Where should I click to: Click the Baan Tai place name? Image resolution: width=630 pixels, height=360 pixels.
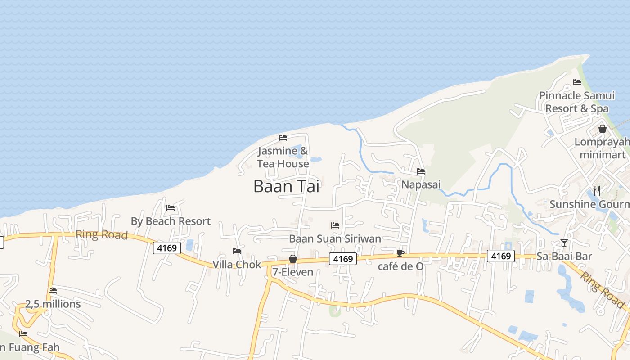(x=286, y=186)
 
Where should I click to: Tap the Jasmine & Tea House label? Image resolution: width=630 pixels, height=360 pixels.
(x=283, y=157)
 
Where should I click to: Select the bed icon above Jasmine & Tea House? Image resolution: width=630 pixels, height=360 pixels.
(x=283, y=137)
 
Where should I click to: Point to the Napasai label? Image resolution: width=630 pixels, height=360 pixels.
(x=421, y=184)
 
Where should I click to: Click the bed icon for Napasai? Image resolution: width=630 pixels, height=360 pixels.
(x=421, y=171)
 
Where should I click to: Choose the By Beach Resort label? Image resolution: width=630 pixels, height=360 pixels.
(x=171, y=221)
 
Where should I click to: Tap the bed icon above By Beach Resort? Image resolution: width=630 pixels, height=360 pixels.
(x=171, y=207)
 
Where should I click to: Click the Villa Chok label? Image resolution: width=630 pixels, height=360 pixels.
(x=237, y=264)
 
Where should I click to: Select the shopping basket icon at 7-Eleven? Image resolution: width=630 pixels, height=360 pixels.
(x=293, y=259)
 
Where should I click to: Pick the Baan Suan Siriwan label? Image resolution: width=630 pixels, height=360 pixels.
(x=335, y=238)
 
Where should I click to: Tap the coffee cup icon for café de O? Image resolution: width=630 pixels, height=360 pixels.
(x=400, y=253)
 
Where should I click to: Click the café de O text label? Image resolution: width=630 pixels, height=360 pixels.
(x=400, y=266)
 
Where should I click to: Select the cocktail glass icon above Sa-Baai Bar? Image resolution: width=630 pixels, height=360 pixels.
(x=564, y=243)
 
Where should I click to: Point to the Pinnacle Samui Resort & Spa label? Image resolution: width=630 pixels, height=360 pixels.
(x=577, y=102)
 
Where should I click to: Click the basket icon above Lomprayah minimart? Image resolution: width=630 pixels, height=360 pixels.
(x=602, y=129)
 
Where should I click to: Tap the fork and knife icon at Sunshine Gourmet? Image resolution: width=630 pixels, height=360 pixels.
(x=597, y=190)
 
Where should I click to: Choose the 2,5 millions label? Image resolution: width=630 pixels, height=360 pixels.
(x=53, y=304)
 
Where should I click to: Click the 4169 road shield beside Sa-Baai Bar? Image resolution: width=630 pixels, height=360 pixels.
(x=501, y=256)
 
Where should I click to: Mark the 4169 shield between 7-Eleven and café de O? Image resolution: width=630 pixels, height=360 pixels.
(x=343, y=259)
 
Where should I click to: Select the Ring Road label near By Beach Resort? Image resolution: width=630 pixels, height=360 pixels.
(x=102, y=234)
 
